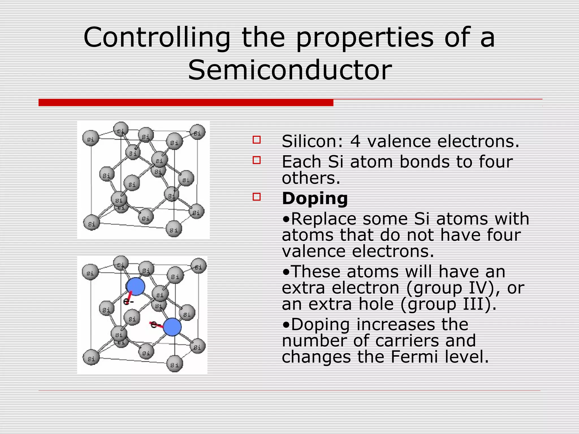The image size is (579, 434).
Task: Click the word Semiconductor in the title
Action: (x=290, y=70)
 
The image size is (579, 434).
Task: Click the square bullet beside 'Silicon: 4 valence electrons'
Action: (x=256, y=140)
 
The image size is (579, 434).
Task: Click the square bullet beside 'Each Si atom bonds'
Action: (x=256, y=160)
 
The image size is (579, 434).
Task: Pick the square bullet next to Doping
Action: (x=256, y=197)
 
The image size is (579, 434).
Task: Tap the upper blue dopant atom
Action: (x=136, y=287)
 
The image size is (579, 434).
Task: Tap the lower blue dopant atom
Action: (x=172, y=327)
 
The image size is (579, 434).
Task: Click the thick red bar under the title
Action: (x=186, y=103)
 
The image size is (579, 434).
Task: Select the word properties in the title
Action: (x=365, y=38)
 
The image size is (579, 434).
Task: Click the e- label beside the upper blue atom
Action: (x=128, y=302)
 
